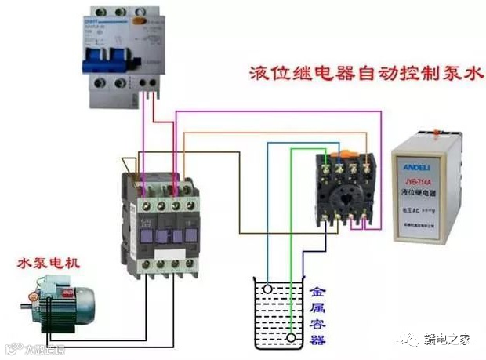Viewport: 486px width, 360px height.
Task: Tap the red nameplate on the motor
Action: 34,297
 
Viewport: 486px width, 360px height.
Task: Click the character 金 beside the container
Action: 317,289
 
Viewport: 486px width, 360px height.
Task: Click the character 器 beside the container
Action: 317,339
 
